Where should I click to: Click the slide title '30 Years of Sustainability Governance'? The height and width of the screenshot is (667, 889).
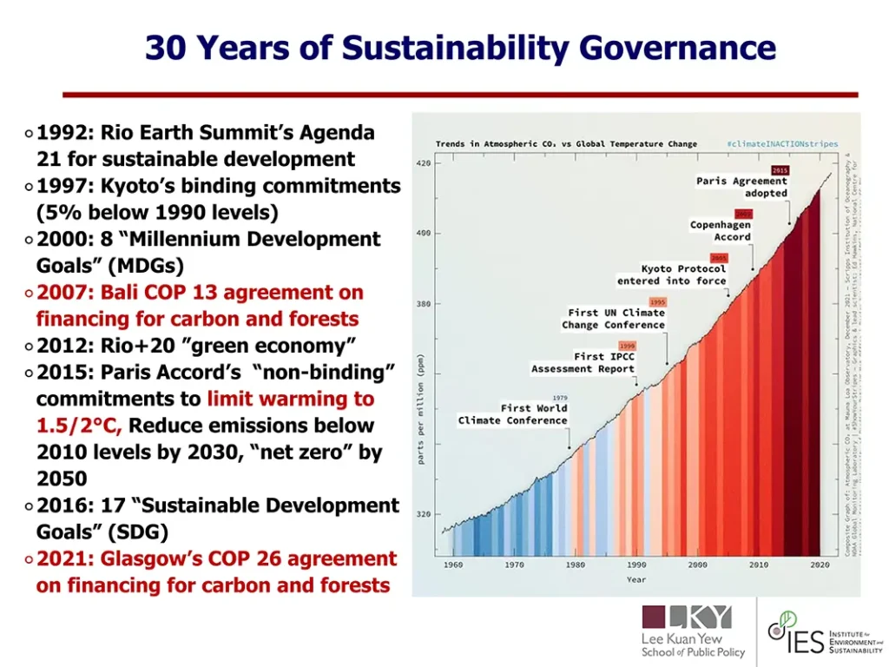pos(459,47)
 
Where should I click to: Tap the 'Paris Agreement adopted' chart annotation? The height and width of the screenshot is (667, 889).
pos(741,187)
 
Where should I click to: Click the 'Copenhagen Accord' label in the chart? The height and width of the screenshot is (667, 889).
pos(720,230)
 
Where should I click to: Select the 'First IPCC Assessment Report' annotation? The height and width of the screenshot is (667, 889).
pos(583,362)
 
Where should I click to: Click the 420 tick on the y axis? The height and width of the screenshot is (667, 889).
pos(424,163)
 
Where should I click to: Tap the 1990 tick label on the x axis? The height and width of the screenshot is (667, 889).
pos(636,565)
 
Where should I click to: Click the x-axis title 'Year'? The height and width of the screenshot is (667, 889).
pos(636,579)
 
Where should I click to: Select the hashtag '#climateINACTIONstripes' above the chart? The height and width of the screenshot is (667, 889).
pos(782,144)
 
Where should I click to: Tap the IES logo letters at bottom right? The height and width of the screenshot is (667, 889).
pos(805,644)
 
